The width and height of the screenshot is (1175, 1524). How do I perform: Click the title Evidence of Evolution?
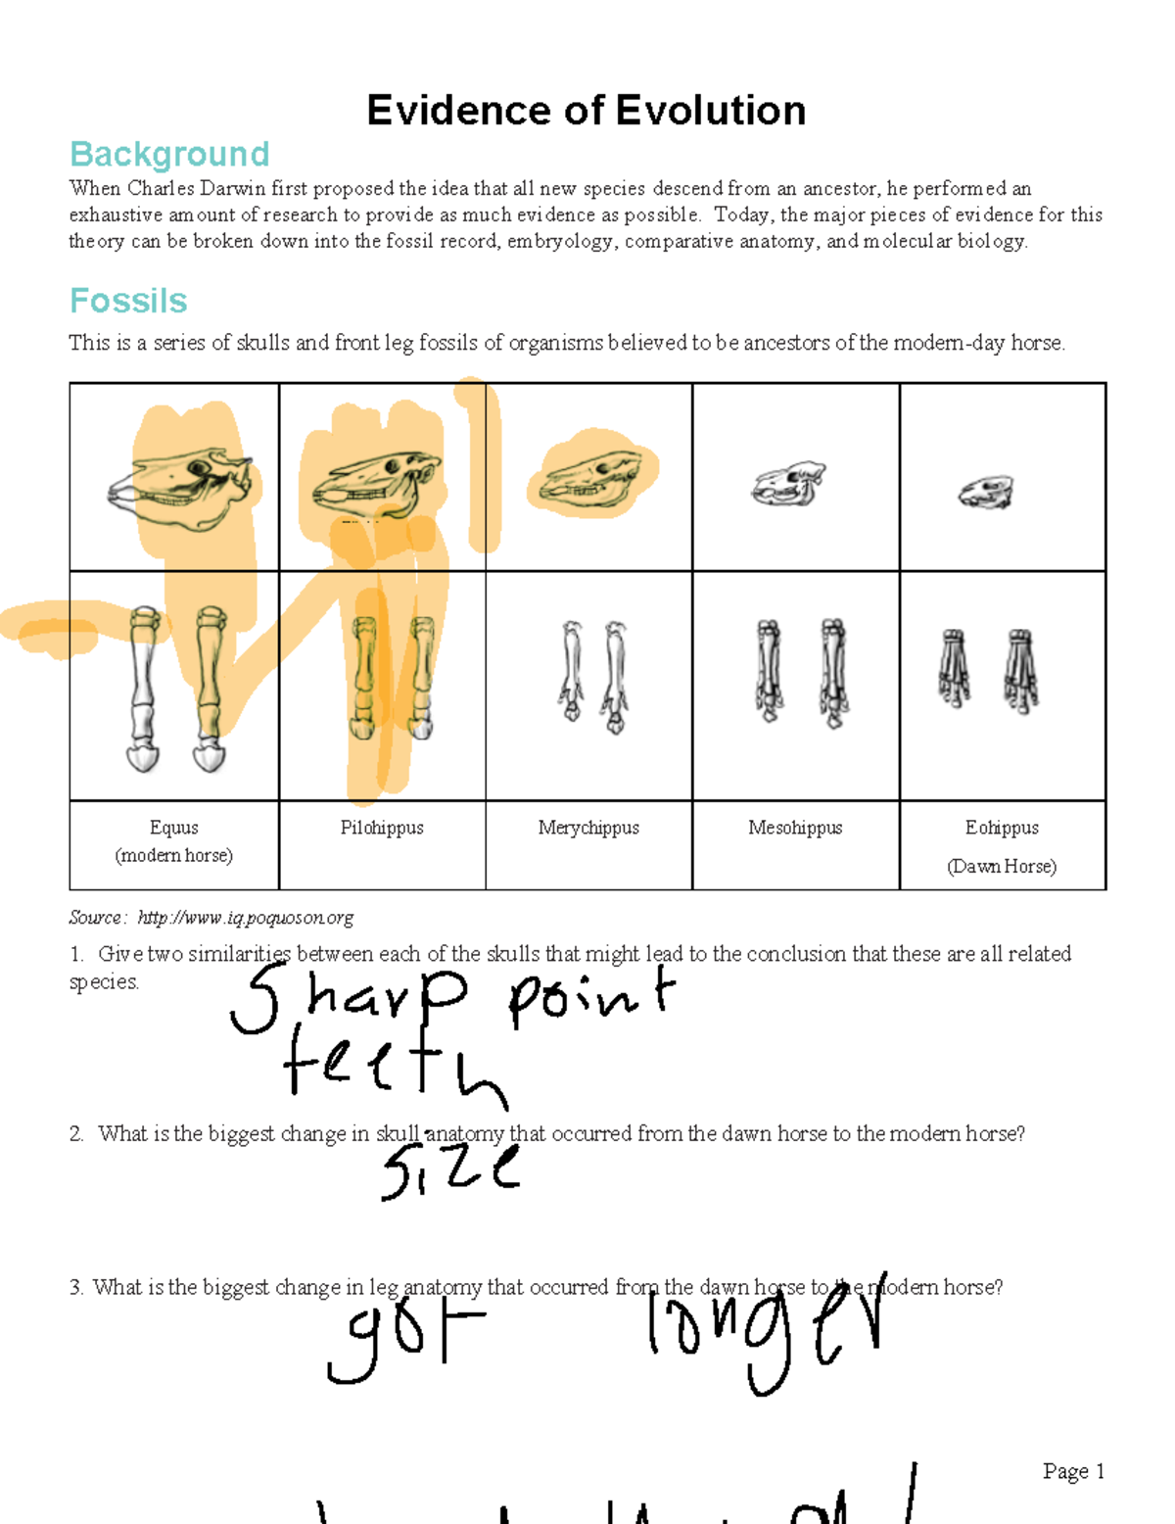point(586,111)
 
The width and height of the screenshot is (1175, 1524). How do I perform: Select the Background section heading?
point(169,154)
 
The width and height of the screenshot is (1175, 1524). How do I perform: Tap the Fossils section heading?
point(128,301)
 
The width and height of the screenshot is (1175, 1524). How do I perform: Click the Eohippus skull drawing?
point(986,492)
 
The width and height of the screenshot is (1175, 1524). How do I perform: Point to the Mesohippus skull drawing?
point(788,484)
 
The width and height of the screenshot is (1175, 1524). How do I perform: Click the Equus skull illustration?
point(181,486)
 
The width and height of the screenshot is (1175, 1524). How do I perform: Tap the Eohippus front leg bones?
point(987,670)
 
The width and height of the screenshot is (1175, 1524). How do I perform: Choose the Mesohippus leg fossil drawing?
point(801,672)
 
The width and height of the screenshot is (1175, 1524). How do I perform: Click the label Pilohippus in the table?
point(382,828)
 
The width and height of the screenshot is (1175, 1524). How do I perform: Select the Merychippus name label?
point(588,828)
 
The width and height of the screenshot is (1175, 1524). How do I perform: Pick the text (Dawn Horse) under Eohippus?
point(1002,867)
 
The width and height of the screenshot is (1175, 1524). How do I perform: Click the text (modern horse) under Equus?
point(174,855)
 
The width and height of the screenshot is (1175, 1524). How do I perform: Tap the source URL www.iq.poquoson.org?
point(245,918)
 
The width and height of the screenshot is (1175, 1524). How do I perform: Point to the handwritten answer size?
point(450,1170)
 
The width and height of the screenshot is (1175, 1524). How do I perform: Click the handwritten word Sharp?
point(348,999)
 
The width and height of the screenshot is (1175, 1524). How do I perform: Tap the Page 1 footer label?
point(1073,1471)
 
